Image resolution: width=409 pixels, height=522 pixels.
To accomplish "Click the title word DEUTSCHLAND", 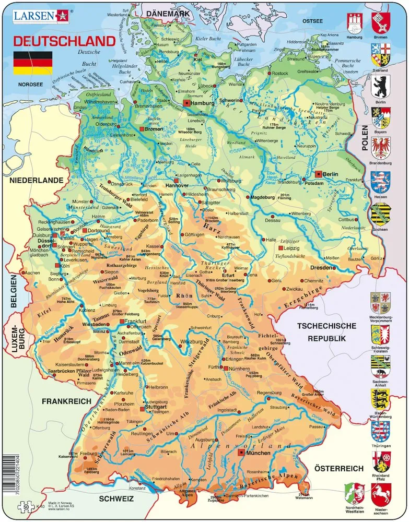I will (x=64, y=41).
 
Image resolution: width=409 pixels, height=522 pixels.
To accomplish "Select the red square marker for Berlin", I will (x=318, y=174).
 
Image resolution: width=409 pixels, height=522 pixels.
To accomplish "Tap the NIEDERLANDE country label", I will (x=36, y=180).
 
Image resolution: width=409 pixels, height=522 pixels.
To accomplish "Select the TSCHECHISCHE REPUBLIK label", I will (x=326, y=332).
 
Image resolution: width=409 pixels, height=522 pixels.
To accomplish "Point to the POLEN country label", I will (x=364, y=138).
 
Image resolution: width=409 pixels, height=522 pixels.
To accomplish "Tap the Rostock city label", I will (x=280, y=74).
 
